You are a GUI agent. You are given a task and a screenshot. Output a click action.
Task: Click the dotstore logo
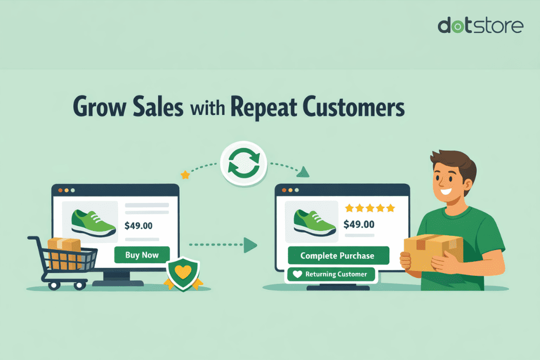[x=480, y=25]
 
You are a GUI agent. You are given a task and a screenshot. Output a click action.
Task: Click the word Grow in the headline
[x=101, y=106]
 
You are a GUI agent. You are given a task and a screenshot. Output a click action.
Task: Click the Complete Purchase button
[x=338, y=255]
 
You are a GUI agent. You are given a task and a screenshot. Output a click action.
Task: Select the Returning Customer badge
[x=330, y=274]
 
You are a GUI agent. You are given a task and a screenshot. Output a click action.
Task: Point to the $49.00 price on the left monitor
[x=138, y=226]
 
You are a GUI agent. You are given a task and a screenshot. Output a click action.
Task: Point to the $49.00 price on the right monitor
[x=359, y=223]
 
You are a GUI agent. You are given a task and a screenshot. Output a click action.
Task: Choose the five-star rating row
[x=370, y=207]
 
